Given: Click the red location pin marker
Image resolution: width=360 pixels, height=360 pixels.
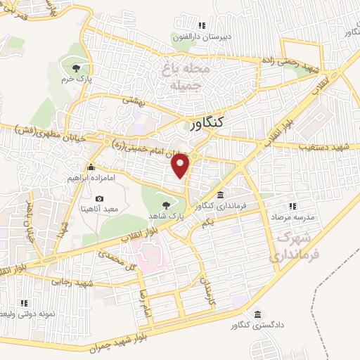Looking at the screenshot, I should pyautogui.click(x=181, y=165).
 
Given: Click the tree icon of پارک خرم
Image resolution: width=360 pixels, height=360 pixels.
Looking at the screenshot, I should pyautogui.click(x=76, y=67).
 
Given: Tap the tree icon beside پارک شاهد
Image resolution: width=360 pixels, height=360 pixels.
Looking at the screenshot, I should pyautogui.click(x=167, y=205).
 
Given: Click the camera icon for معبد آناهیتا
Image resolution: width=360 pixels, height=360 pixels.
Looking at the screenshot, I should pyautogui.click(x=99, y=199).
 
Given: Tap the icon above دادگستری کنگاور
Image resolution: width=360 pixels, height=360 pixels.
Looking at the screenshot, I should pyautogui.click(x=259, y=314).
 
